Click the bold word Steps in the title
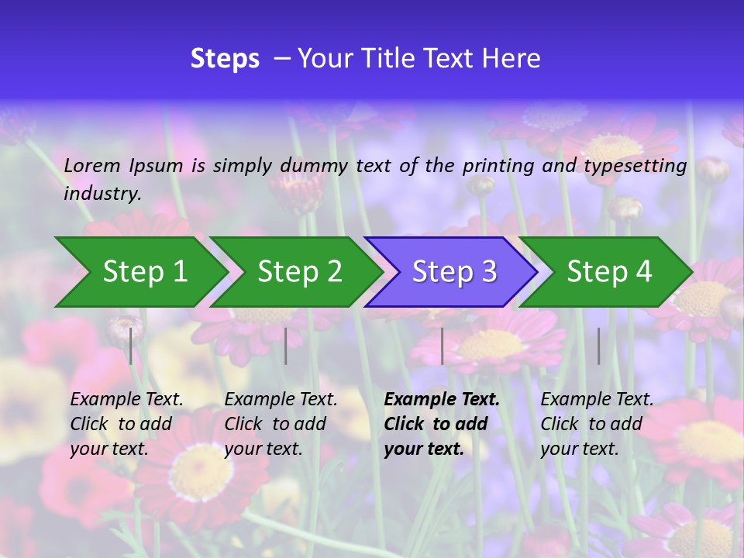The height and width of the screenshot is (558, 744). tap(225, 59)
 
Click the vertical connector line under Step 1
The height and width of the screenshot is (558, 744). tap(131, 346)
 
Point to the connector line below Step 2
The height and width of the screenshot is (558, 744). tap(286, 346)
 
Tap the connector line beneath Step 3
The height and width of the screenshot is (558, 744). tap(442, 346)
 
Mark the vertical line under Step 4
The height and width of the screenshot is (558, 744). tap(598, 346)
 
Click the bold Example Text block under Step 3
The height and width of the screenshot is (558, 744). tap(441, 424)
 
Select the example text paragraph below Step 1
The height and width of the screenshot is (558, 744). tap(126, 424)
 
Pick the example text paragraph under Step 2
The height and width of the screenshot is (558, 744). tap(281, 424)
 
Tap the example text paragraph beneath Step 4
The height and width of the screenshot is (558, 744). tap(596, 424)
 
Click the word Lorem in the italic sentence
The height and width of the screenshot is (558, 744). tap(92, 165)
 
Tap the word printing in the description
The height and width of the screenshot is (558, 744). tap(498, 166)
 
